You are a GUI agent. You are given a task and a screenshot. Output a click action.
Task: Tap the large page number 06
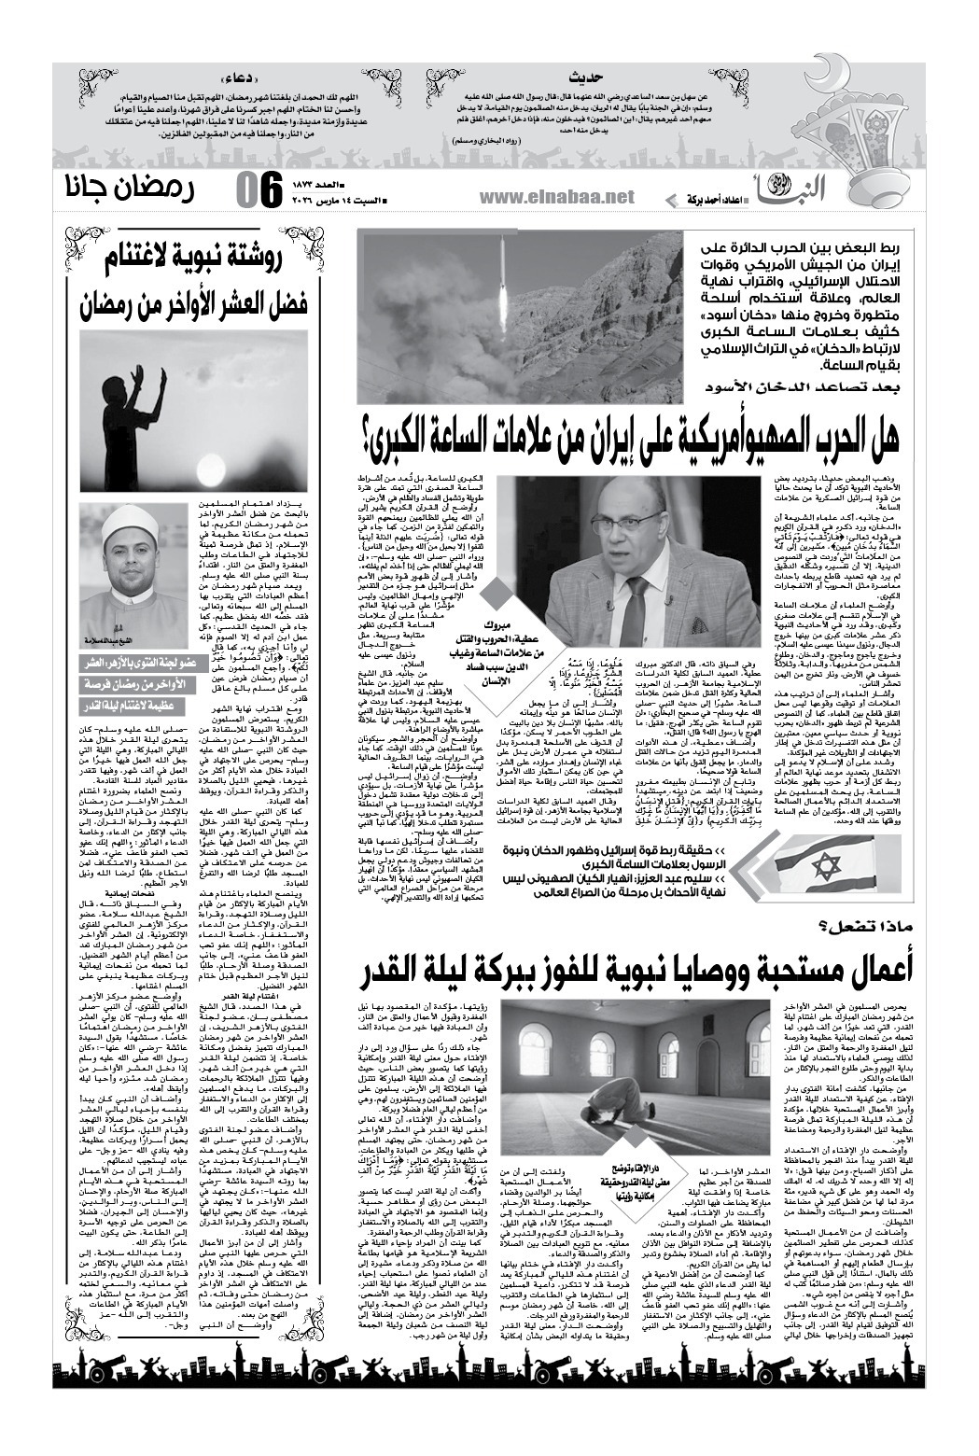[256, 190]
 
